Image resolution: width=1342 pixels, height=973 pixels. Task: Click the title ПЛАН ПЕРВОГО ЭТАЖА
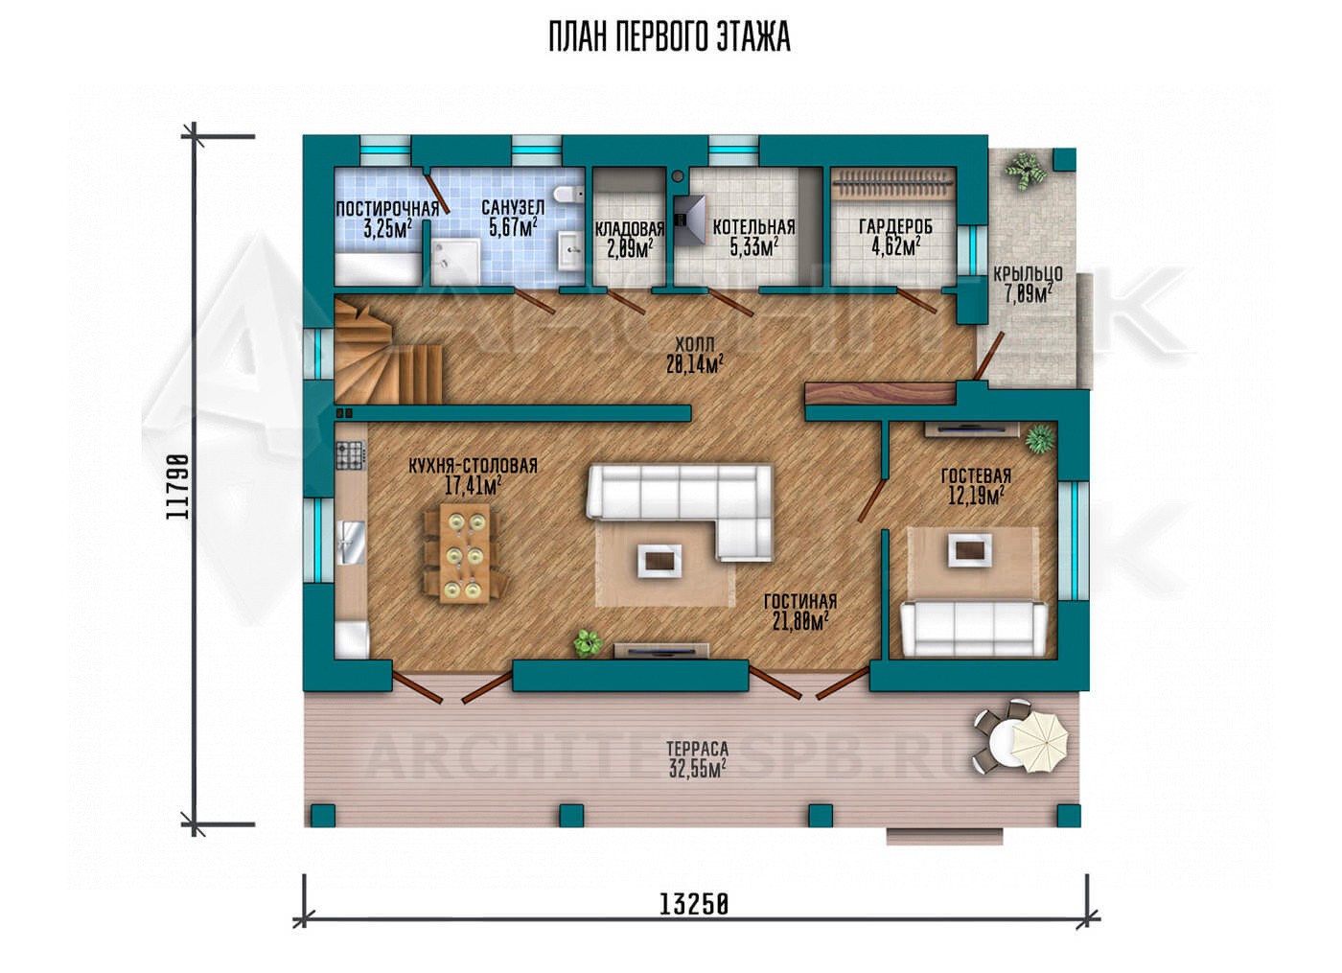pyautogui.click(x=670, y=37)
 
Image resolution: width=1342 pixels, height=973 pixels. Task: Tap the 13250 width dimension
pyautogui.click(x=694, y=921)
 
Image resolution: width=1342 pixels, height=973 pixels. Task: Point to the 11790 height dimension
pyautogui.click(x=177, y=487)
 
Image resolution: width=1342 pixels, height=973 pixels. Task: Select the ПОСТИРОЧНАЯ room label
pyautogui.click(x=387, y=209)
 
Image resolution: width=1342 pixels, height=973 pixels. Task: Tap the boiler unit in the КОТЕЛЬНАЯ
pyautogui.click(x=690, y=220)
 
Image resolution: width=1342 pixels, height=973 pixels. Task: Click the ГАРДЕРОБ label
pyautogui.click(x=895, y=226)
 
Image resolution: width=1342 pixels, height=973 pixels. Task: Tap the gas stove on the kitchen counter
pyautogui.click(x=351, y=455)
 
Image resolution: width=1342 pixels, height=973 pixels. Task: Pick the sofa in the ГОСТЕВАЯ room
pyautogui.click(x=974, y=629)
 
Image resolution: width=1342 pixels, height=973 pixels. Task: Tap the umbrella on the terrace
pyautogui.click(x=1041, y=744)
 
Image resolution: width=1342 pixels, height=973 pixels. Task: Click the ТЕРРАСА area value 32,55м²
pyautogui.click(x=698, y=769)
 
